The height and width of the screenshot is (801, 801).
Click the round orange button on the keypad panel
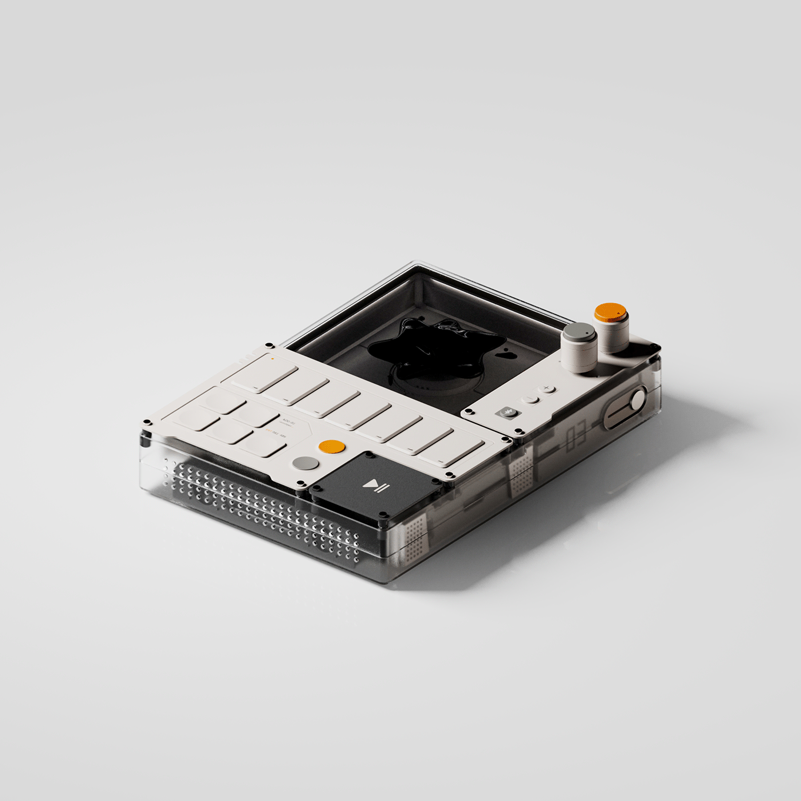[332, 447]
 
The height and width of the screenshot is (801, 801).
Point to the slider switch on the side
[625, 409]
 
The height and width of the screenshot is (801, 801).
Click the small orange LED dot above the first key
[273, 359]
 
